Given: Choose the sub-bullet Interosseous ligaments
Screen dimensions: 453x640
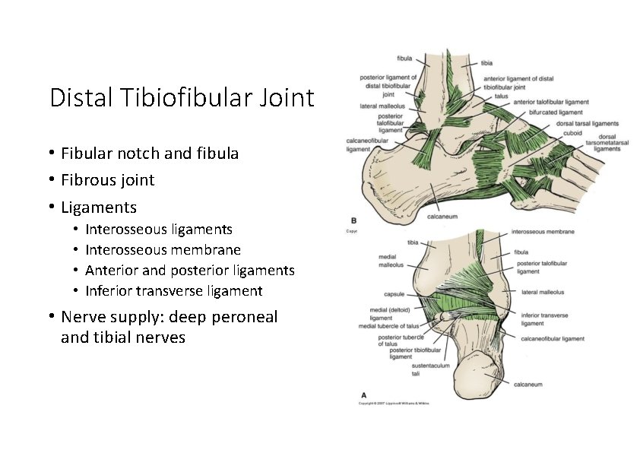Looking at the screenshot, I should click(159, 229).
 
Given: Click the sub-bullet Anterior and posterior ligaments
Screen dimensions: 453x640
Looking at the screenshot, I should click(190, 270).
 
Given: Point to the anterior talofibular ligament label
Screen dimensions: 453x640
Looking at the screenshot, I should click(551, 102).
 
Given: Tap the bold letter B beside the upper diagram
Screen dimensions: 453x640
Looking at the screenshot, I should click(351, 220).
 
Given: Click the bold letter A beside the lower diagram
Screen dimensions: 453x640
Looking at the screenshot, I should click(363, 394).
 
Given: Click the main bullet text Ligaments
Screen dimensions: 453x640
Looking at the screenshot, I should click(99, 207).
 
